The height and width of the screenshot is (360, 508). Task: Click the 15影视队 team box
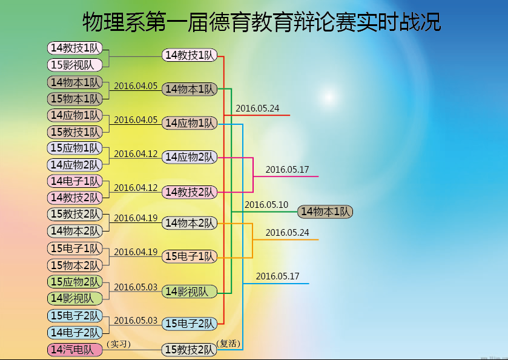(75, 65)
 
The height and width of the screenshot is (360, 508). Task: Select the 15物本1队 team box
(75, 99)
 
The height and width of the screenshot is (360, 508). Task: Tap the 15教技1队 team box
(75, 132)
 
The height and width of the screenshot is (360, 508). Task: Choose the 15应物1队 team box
(75, 148)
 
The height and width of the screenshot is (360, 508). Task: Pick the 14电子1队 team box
(75, 181)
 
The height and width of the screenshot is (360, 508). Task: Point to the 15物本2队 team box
(75, 265)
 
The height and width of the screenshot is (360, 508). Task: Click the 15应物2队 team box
(75, 282)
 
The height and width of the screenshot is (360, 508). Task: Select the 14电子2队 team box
(75, 332)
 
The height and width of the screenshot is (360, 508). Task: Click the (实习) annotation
(119, 344)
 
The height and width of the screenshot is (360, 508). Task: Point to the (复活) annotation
(228, 344)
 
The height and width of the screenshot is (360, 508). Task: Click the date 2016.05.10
(266, 205)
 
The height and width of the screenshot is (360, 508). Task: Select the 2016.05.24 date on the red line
(257, 108)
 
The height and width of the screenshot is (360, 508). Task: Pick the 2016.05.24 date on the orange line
(287, 233)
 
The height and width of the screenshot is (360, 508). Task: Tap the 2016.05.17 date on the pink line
(287, 170)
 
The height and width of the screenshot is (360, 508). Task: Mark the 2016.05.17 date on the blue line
(277, 276)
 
